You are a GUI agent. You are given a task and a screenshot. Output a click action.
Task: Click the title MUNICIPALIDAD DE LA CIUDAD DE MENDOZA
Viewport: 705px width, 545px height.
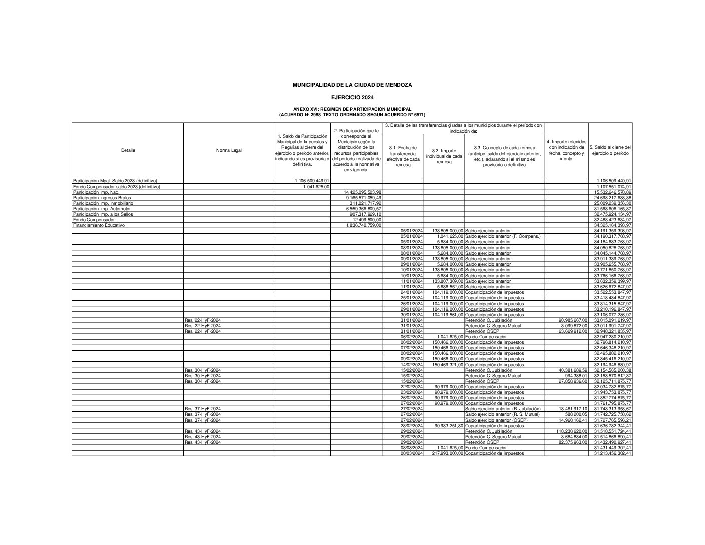[x=352, y=85]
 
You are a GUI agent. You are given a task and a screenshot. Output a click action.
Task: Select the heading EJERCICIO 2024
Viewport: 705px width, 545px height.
[x=352, y=97]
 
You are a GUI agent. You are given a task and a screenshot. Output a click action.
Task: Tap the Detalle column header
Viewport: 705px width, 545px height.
[x=128, y=150]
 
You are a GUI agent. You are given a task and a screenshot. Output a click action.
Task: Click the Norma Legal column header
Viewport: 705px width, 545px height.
[x=228, y=150]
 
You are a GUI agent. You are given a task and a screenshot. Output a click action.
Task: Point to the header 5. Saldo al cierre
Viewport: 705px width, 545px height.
[x=610, y=150]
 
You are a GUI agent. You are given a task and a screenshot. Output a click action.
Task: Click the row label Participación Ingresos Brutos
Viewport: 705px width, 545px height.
[x=98, y=198]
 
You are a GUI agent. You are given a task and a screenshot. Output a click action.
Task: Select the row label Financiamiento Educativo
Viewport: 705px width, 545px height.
[x=99, y=225]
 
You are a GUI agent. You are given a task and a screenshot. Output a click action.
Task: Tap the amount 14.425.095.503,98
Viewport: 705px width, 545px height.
[x=363, y=192]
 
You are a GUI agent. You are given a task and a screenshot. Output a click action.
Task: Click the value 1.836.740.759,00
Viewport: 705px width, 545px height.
[x=363, y=225]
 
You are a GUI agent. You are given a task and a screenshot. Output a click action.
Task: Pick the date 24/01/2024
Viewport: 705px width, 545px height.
[x=412, y=292]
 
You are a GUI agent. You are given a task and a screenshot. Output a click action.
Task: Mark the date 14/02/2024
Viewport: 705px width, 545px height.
[x=412, y=365]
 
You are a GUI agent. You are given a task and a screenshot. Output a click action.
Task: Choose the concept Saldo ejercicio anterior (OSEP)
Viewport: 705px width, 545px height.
[x=499, y=420]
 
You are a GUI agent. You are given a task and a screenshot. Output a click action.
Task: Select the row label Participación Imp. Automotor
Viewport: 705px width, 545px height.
[x=100, y=209]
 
